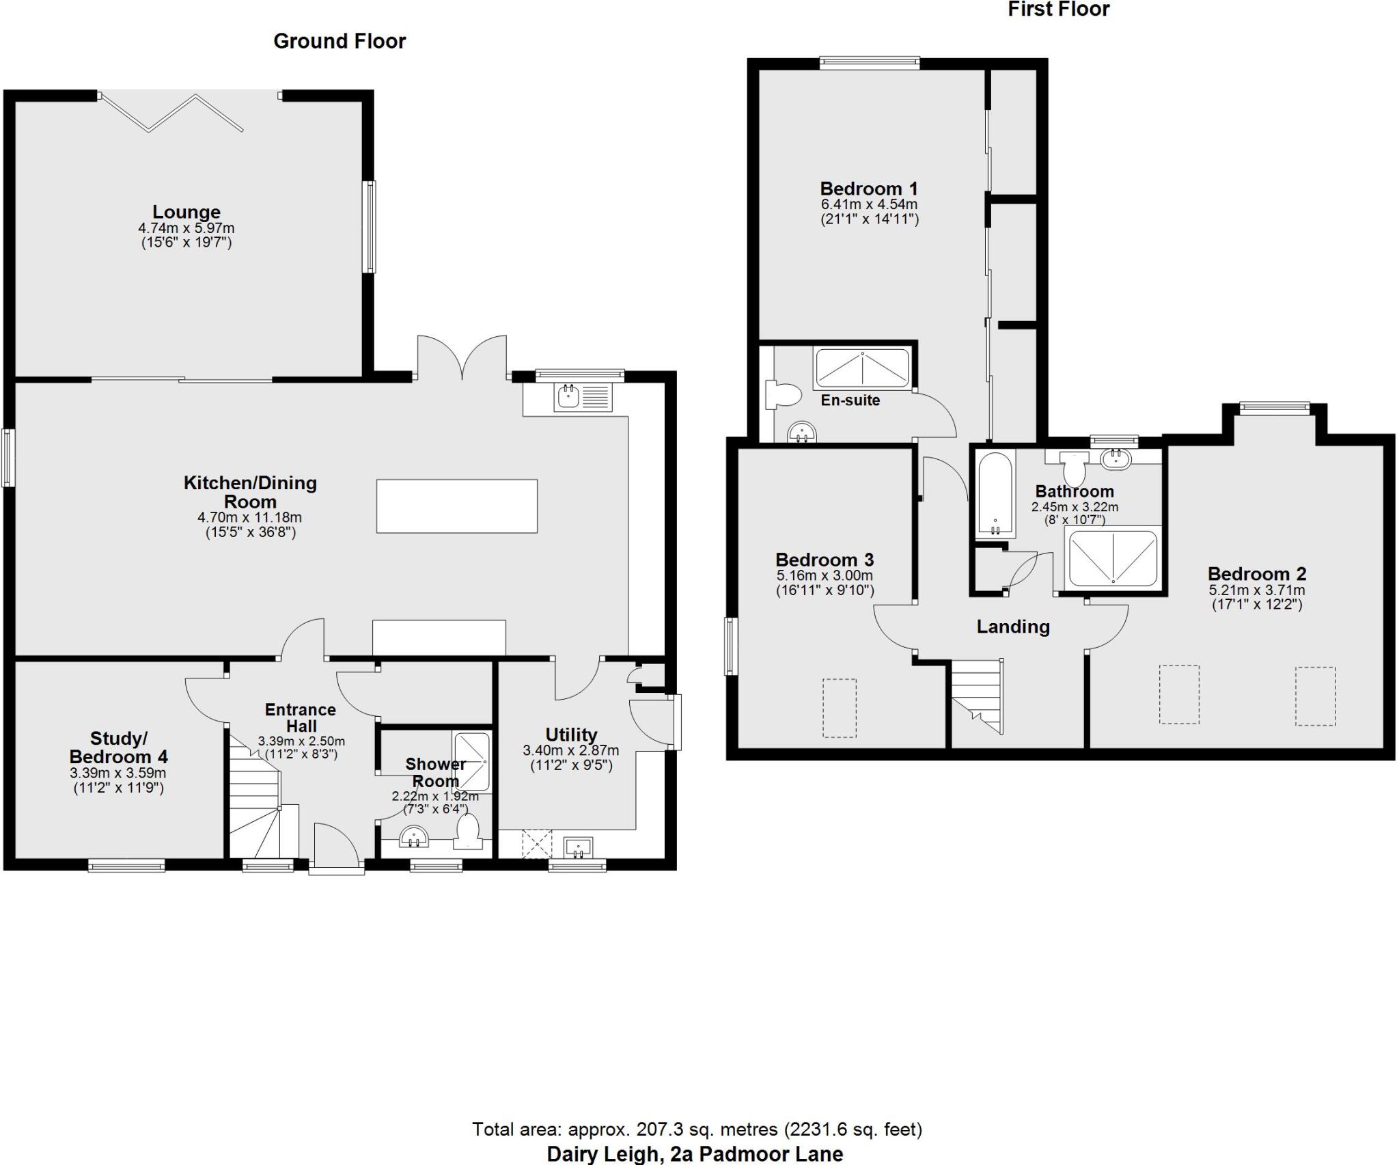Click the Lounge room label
[x=186, y=212]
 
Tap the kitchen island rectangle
[x=456, y=506]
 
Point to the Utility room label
[x=571, y=735]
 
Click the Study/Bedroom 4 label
[x=118, y=748]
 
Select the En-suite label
[x=850, y=400]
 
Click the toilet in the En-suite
[x=785, y=395]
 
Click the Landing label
[x=1012, y=627]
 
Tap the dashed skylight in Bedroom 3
[x=840, y=708]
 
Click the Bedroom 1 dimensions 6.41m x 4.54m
[x=869, y=204]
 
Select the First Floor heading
[x=1058, y=10]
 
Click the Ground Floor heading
[x=340, y=42]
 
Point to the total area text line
[x=697, y=1129]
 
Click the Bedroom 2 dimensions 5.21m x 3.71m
[x=1257, y=590]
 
